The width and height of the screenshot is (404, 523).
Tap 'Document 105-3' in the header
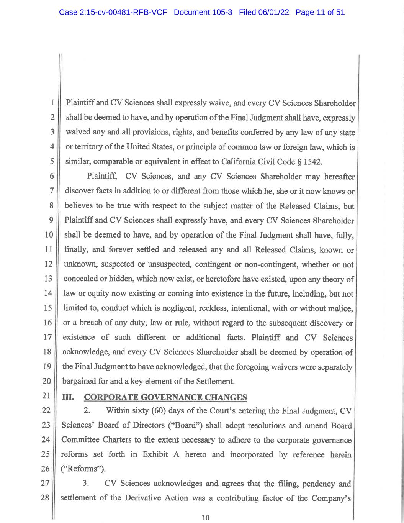pyautogui.click(x=203, y=12)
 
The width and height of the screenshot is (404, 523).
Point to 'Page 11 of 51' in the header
pyautogui.click(x=320, y=12)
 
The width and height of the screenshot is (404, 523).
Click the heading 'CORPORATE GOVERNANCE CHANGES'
pyautogui.click(x=165, y=397)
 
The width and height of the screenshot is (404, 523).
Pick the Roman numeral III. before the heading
pyautogui.click(x=68, y=397)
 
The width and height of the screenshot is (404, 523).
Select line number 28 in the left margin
pyautogui.click(x=45, y=498)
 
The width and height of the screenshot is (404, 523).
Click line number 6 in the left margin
pyautogui.click(x=51, y=176)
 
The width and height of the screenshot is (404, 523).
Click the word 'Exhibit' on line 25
pyautogui.click(x=155, y=455)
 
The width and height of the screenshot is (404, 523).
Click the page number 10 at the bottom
pyautogui.click(x=206, y=517)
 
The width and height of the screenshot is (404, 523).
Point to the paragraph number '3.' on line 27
pyautogui.click(x=86, y=484)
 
